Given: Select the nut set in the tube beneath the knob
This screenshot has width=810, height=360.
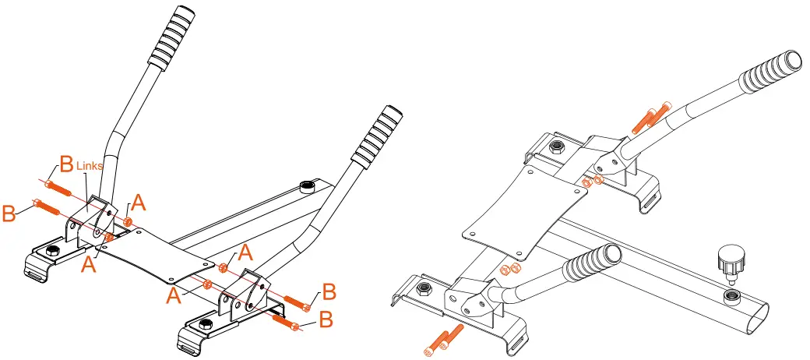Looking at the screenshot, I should [x=732, y=295].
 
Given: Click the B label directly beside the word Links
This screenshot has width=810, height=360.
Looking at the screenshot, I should [x=66, y=165].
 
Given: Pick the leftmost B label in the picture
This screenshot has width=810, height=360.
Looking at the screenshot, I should [x=10, y=213].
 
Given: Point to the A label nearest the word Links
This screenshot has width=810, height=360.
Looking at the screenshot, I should [x=138, y=203].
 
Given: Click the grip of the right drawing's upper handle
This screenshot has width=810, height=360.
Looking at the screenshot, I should [x=771, y=70].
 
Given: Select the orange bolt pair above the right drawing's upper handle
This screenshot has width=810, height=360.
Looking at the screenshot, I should [x=654, y=115].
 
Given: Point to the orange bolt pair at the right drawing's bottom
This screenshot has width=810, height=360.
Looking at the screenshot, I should [x=442, y=341].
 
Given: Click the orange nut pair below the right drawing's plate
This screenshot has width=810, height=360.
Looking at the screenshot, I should [x=509, y=270].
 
